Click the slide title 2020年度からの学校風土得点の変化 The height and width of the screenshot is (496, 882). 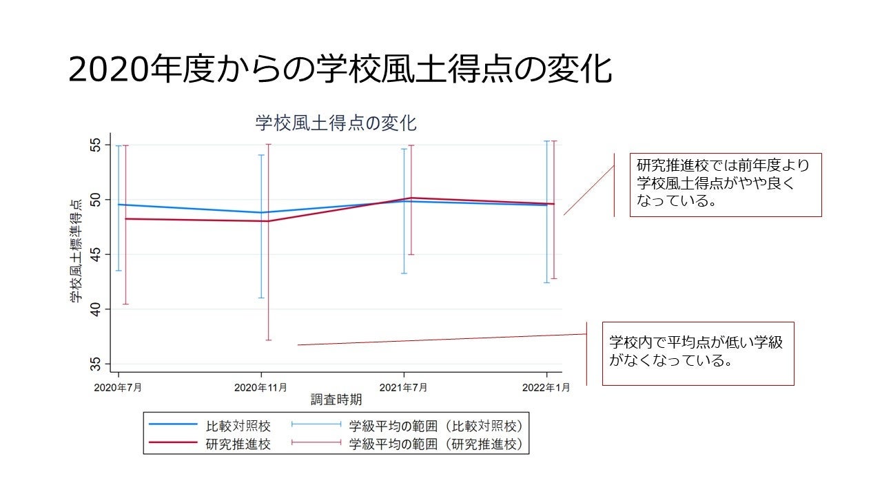[x=340, y=70]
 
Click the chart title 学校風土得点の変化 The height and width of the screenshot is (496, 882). [x=336, y=123]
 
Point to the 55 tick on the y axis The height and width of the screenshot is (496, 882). [x=95, y=145]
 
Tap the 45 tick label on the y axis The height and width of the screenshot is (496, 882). [x=95, y=254]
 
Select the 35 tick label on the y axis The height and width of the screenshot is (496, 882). [x=95, y=364]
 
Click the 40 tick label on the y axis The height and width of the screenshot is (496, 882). [x=95, y=309]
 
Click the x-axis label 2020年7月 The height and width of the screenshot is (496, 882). [x=119, y=387]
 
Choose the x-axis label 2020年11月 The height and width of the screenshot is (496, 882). [x=260, y=387]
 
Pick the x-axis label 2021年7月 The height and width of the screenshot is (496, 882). [x=404, y=387]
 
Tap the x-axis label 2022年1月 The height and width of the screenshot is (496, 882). [x=546, y=387]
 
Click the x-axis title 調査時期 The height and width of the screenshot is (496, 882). [x=336, y=400]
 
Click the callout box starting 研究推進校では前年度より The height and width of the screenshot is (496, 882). [x=726, y=185]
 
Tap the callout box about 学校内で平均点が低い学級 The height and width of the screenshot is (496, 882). [x=698, y=353]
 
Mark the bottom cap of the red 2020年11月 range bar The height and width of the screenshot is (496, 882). [x=268, y=340]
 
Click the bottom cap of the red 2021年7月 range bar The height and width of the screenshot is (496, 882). [x=411, y=254]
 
